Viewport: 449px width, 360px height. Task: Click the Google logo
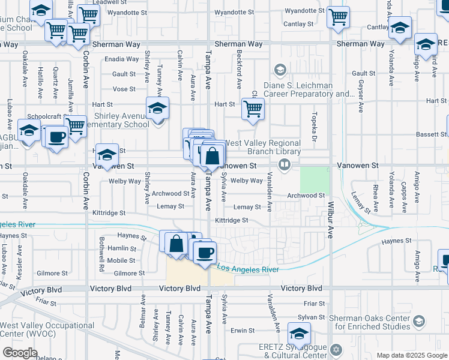20,353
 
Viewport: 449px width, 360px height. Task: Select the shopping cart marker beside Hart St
253,109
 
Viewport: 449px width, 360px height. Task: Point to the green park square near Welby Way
315,179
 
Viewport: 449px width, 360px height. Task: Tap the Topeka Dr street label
313,128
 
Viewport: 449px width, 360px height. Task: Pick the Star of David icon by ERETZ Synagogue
336,349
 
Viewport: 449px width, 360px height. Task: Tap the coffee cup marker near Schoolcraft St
57,136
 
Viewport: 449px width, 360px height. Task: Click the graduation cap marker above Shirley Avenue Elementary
157,108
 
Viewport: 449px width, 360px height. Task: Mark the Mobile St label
121,260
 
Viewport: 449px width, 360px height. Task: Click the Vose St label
124,89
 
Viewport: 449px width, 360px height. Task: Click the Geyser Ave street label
360,96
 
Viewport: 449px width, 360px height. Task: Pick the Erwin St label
243,331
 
